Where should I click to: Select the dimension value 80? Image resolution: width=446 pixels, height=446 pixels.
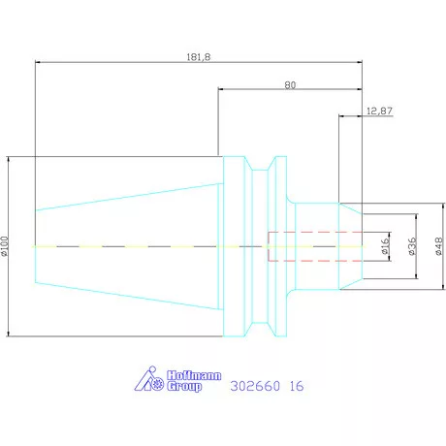coord(290,84)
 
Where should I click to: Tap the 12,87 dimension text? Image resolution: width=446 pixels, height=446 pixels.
coord(380,112)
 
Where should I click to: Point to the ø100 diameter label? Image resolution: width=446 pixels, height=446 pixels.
coord(5,246)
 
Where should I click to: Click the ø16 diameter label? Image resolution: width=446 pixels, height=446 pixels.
coord(385,246)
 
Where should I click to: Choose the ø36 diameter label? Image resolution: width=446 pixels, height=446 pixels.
coord(411,246)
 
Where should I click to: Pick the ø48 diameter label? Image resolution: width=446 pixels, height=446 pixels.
coord(438,246)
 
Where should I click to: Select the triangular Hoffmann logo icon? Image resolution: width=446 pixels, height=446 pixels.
coord(143,380)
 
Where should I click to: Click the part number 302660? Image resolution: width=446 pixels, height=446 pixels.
coord(255,386)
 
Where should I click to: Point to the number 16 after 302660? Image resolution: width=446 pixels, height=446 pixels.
coord(297,386)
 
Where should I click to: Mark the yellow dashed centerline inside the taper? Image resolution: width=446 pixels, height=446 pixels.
coord(126,246)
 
